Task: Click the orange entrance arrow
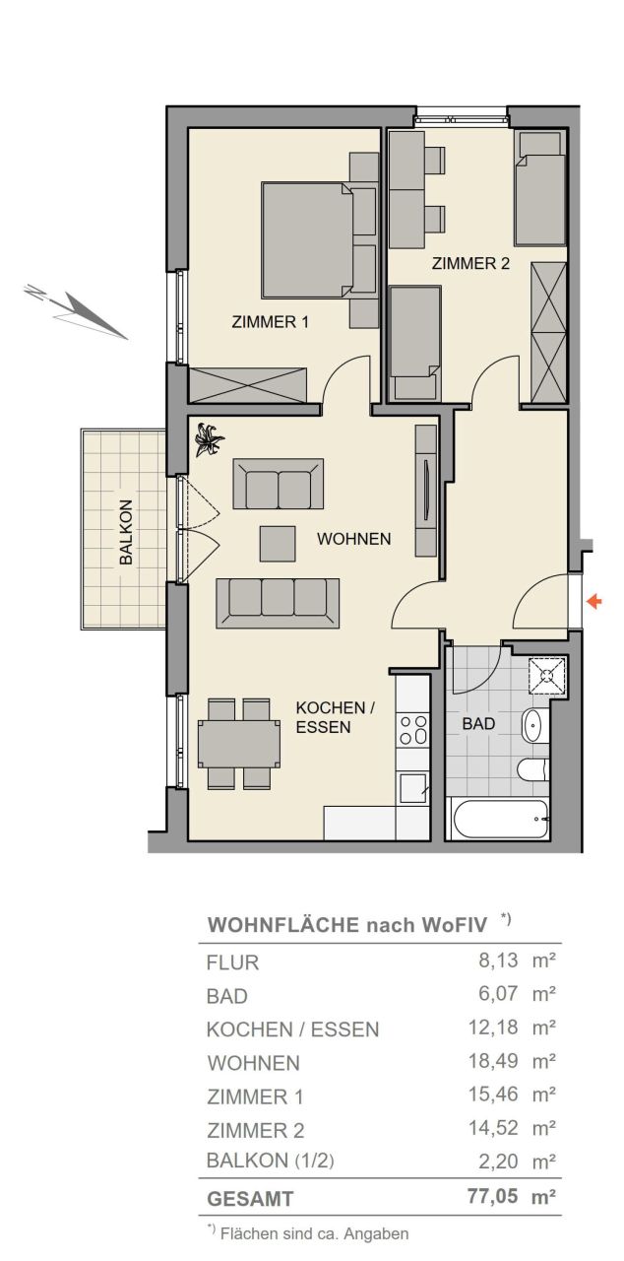(x=594, y=602)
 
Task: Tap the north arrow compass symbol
(x=75, y=310)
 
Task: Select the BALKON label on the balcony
(x=126, y=532)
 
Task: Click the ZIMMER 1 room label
(x=270, y=322)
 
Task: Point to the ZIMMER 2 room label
(x=470, y=263)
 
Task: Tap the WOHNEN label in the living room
(x=353, y=538)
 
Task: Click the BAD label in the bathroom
(x=478, y=723)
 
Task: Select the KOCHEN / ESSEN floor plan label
(x=335, y=717)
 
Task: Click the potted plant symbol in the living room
(x=209, y=439)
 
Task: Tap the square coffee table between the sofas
(x=278, y=543)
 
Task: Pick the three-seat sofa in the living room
(x=278, y=603)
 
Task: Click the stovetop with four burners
(x=412, y=730)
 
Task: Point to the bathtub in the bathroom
(x=497, y=819)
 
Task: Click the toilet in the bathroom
(x=533, y=769)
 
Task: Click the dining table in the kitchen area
(x=238, y=743)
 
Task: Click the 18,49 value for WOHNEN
(x=493, y=1061)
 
